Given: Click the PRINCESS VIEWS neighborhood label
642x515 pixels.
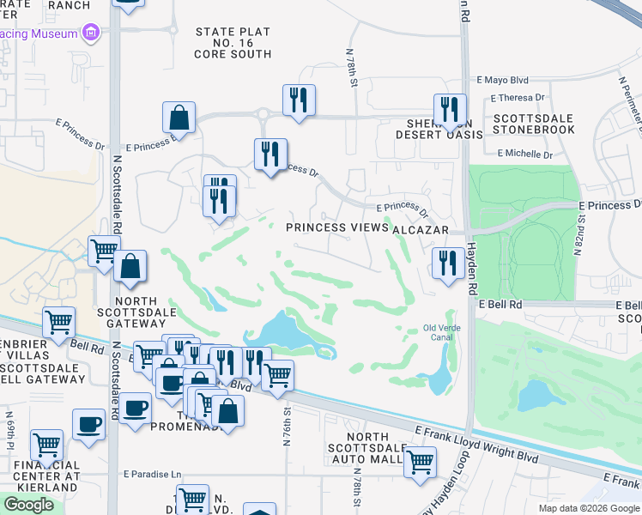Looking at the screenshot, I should pyautogui.click(x=336, y=227).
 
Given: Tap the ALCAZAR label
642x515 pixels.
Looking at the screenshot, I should pyautogui.click(x=421, y=231).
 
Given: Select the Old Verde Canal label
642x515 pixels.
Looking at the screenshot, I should pyautogui.click(x=444, y=331).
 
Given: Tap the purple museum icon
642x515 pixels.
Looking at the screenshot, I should pyautogui.click(x=91, y=33).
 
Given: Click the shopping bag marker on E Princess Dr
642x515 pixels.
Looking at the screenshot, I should pyautogui.click(x=179, y=117).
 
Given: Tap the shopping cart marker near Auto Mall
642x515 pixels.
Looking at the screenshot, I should pyautogui.click(x=420, y=461).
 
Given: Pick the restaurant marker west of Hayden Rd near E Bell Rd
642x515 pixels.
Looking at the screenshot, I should pyautogui.click(x=447, y=262).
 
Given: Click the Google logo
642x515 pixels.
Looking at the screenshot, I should pyautogui.click(x=28, y=505).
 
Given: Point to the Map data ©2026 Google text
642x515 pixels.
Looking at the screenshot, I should pyautogui.click(x=589, y=508).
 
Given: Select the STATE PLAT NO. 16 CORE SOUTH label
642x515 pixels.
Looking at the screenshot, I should pyautogui.click(x=233, y=43).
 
